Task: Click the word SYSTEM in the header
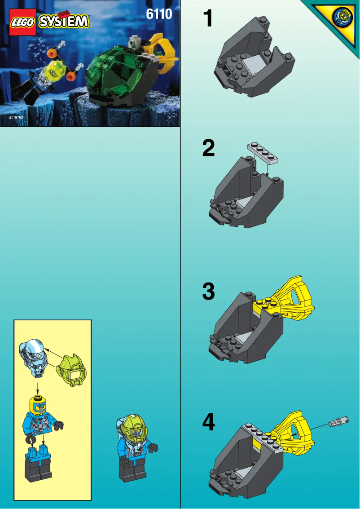[64, 22]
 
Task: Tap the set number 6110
[159, 14]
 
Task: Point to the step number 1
[207, 19]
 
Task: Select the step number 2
[208, 149]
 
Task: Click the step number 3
[208, 292]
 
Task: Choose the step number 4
[208, 422]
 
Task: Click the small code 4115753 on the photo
[16, 117]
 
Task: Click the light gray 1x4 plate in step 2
[263, 153]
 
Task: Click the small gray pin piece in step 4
[337, 421]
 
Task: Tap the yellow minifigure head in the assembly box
[38, 403]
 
